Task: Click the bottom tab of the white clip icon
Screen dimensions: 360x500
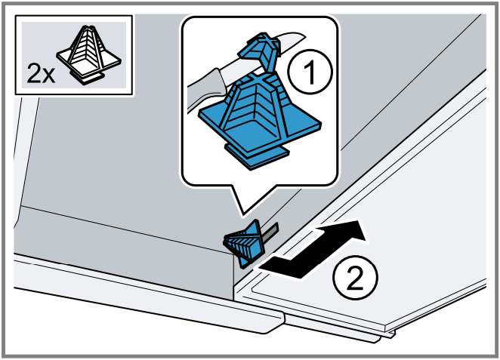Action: (88, 78)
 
